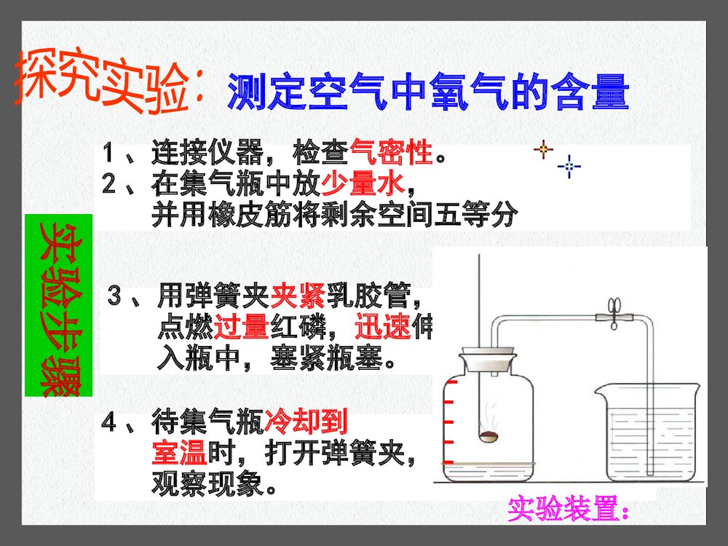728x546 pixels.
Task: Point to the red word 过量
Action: [242, 328]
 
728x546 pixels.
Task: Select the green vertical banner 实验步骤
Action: [58, 306]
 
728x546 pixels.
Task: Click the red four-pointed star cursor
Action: [542, 151]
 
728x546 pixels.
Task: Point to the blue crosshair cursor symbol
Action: [569, 167]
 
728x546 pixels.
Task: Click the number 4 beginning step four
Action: [109, 422]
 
